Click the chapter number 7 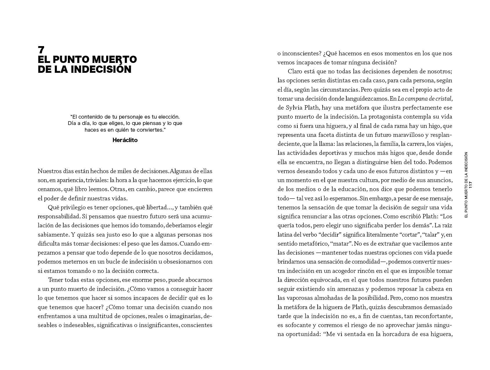41,50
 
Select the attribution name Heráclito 125,140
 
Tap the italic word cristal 444,99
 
